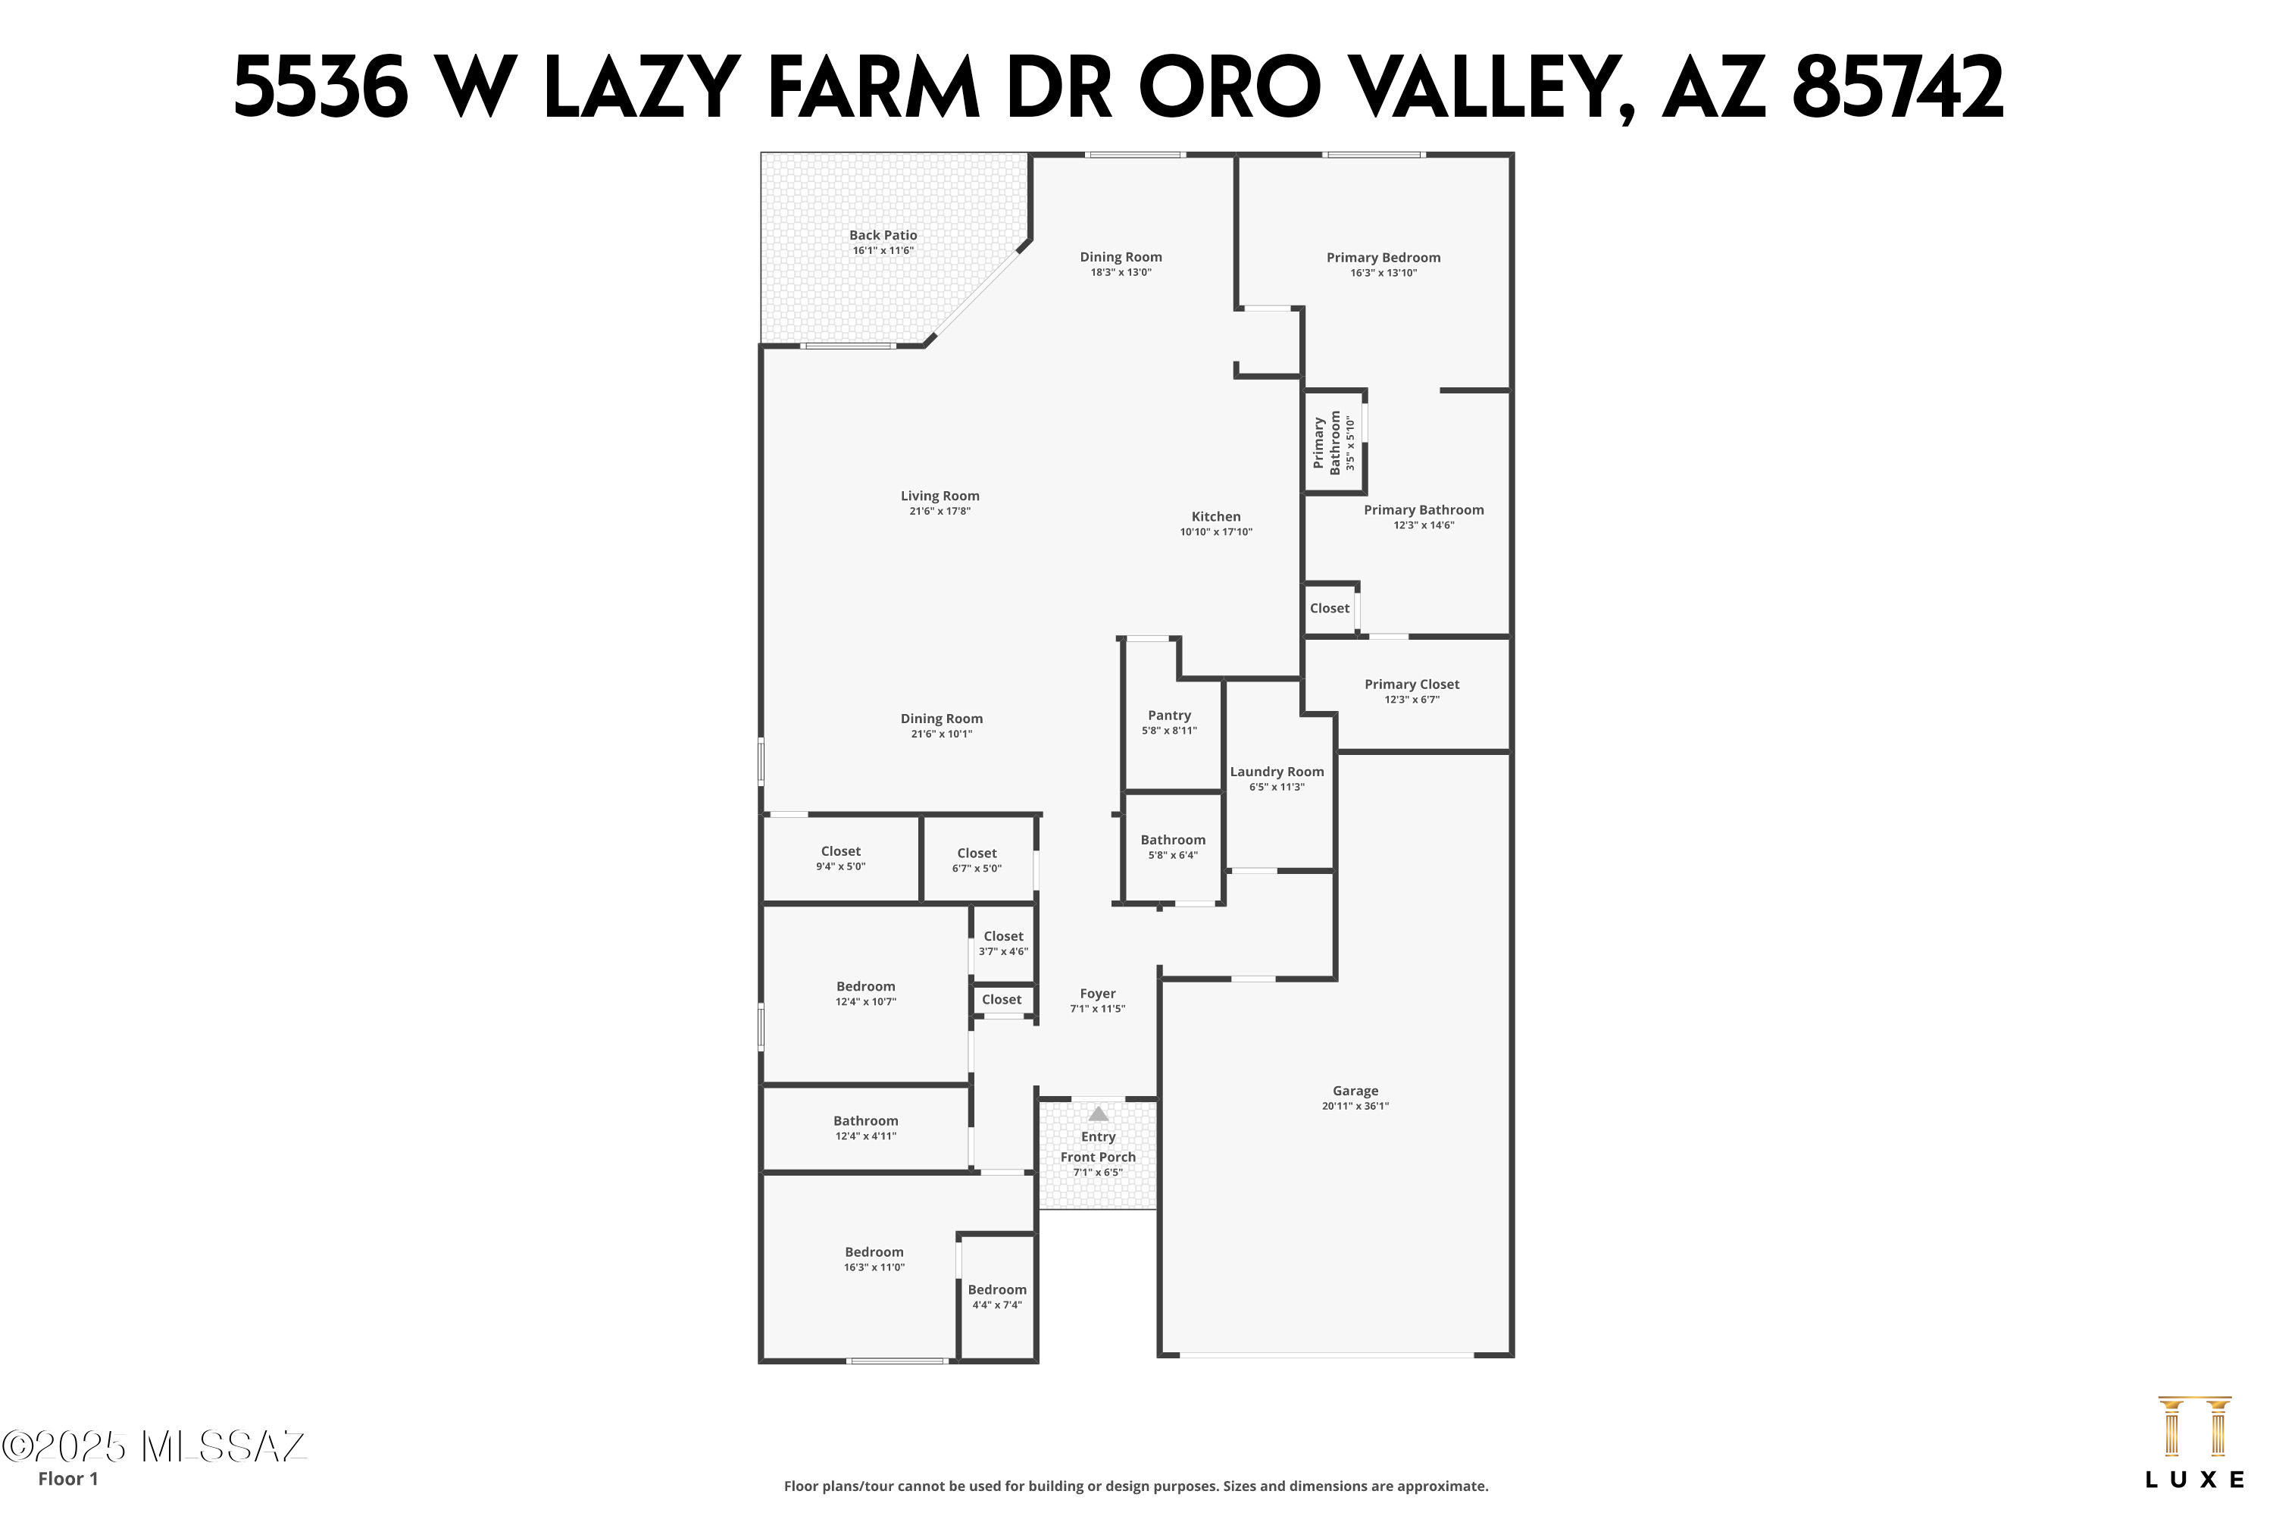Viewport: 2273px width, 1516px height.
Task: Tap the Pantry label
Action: coord(1169,716)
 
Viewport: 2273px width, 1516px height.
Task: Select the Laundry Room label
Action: coord(1277,772)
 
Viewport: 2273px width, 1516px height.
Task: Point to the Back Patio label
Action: coord(883,235)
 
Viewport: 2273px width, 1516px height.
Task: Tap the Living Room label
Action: coord(940,496)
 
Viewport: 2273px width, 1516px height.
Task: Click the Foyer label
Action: coord(1098,994)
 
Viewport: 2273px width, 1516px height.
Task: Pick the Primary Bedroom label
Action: coord(1383,257)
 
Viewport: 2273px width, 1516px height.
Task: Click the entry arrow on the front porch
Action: coord(1099,1114)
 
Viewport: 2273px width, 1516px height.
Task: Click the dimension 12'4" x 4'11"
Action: coord(866,1136)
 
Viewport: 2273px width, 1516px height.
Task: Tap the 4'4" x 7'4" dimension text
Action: coord(997,1305)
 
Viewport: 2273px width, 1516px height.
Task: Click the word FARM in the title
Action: coord(874,89)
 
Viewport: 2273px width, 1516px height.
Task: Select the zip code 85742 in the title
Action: coord(1898,89)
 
